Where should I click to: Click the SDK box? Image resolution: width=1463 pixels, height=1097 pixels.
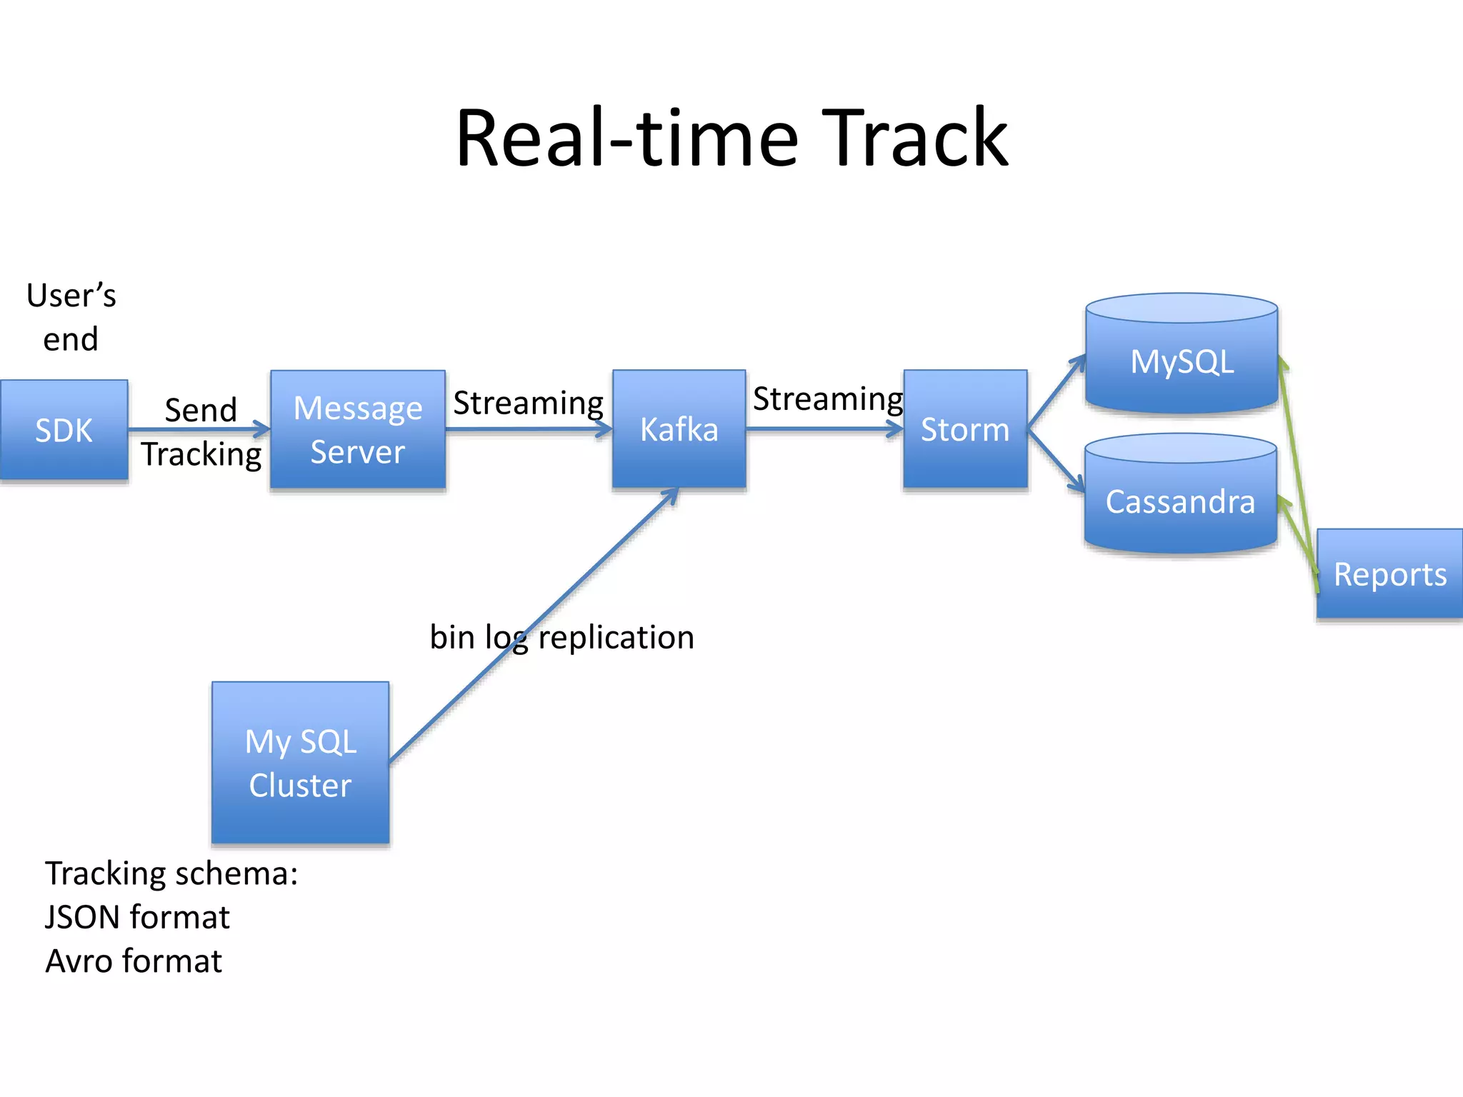tap(64, 430)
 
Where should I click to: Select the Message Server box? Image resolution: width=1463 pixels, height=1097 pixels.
tap(357, 430)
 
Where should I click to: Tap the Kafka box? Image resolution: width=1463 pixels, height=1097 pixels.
tap(679, 429)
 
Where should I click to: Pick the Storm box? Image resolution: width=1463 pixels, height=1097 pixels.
tap(965, 429)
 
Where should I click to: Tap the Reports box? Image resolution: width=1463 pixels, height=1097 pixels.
tap(1389, 574)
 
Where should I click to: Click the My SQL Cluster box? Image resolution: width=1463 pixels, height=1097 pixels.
tap(300, 763)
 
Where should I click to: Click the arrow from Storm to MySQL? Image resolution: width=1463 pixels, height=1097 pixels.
tap(1056, 392)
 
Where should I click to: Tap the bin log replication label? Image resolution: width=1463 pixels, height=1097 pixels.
tap(561, 637)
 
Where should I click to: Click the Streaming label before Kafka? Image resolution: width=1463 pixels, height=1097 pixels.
tap(528, 403)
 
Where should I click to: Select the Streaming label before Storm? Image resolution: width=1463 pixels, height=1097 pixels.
tap(828, 399)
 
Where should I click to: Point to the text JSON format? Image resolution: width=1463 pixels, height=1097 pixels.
tap(137, 917)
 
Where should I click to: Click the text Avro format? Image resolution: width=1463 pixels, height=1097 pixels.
tap(134, 961)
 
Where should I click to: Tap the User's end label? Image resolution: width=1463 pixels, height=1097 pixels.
tap(71, 317)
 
